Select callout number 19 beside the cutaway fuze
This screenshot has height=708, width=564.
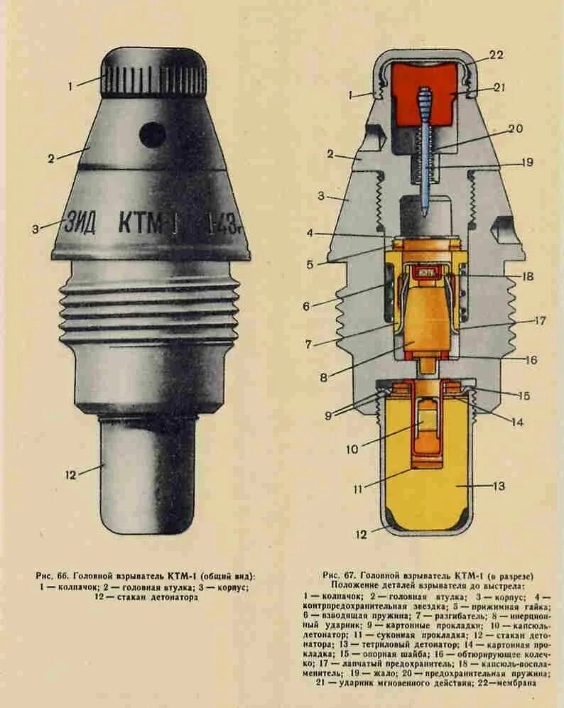click(526, 162)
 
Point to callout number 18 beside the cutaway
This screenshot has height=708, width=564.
click(525, 276)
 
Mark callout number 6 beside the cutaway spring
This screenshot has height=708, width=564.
click(306, 307)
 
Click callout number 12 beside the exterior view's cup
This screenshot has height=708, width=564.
click(70, 474)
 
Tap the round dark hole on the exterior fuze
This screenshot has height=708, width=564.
click(152, 133)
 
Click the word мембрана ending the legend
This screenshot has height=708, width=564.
click(514, 682)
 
